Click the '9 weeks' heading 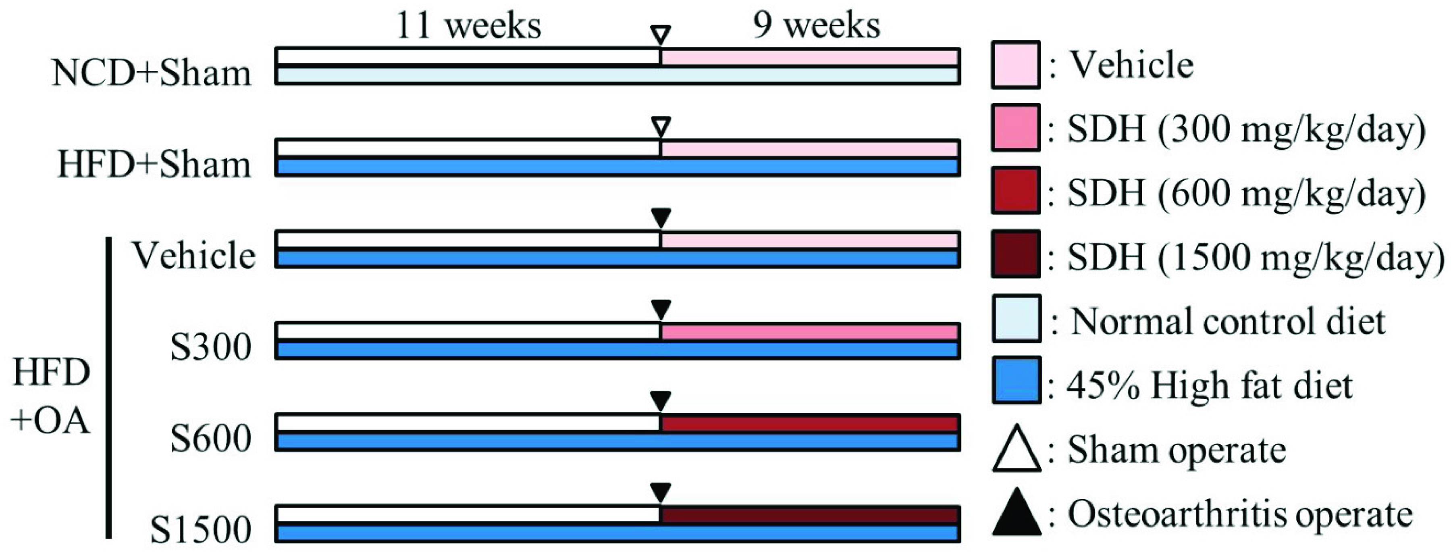816,27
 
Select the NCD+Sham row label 151,74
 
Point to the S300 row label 211,348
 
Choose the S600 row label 211,439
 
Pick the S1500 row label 201,531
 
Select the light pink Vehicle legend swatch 1016,65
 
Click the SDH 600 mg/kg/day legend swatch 1016,190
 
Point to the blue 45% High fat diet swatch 1016,380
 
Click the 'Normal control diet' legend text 1228,322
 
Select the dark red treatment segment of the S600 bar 809,423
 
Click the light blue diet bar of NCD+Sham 617,75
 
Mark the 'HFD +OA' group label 51,397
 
